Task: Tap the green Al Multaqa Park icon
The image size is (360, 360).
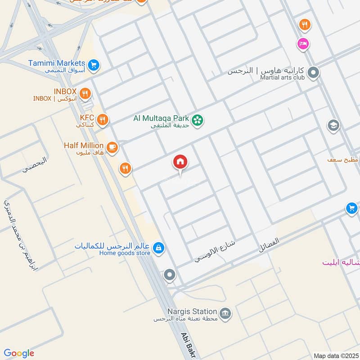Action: (x=197, y=120)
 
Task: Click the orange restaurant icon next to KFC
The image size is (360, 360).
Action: (x=103, y=119)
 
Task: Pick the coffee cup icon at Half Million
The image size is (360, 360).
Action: (x=112, y=146)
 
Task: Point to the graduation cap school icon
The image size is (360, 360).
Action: (x=333, y=125)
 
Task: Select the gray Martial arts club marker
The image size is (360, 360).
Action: (x=314, y=72)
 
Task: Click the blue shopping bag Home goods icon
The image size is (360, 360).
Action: (x=158, y=247)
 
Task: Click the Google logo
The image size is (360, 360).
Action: (x=19, y=353)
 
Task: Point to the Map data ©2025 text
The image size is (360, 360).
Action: (x=335, y=355)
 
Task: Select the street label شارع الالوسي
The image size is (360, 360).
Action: (x=215, y=251)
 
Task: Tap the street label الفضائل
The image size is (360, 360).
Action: (x=269, y=245)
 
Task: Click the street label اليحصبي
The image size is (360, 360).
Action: (x=35, y=165)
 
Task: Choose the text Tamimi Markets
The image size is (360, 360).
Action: (x=56, y=63)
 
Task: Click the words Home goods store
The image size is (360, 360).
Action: (x=125, y=253)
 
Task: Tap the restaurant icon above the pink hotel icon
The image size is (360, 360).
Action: (x=305, y=25)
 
